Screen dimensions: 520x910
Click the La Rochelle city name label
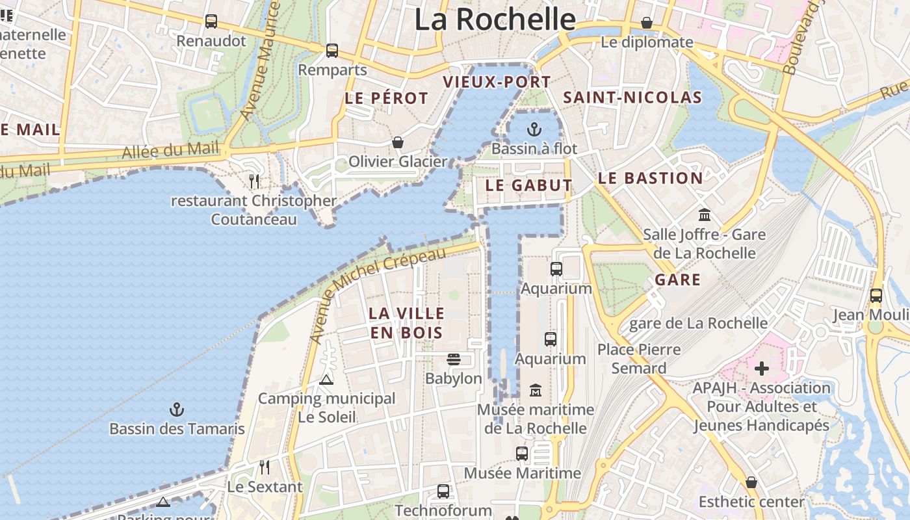[495, 19]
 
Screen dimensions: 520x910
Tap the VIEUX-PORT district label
[497, 82]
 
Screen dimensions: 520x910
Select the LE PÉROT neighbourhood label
[386, 98]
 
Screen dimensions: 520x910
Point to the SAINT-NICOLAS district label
[632, 97]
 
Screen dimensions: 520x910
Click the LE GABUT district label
[528, 185]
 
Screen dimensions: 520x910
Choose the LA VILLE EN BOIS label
[406, 323]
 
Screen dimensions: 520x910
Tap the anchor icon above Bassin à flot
[534, 129]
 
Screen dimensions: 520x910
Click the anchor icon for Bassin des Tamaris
[177, 409]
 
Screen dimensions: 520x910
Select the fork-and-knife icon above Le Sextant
[265, 467]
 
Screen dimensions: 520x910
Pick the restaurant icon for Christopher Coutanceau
[254, 181]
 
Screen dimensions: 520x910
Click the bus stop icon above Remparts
[332, 50]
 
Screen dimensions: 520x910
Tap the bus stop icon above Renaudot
[211, 21]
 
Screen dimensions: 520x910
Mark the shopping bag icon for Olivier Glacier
[397, 142]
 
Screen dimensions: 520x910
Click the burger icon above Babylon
[454, 359]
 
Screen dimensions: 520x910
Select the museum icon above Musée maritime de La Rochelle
[535, 390]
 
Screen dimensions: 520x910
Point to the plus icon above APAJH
[761, 369]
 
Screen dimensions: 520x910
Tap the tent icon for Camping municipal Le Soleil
[326, 379]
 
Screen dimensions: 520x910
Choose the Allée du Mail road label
[171, 150]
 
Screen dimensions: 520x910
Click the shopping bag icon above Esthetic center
[751, 482]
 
